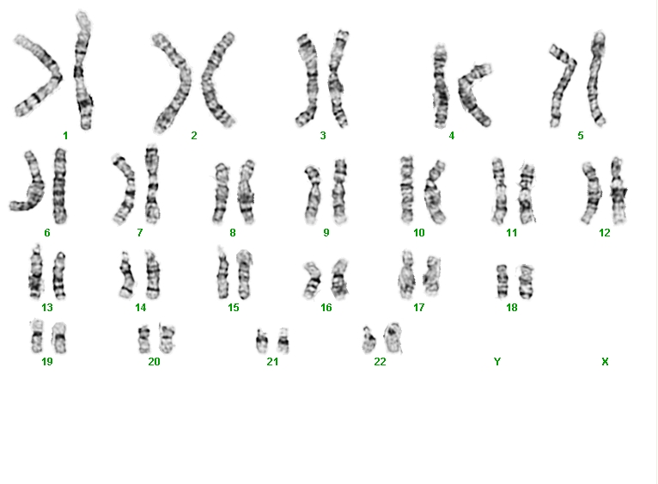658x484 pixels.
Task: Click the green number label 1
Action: [x=65, y=135]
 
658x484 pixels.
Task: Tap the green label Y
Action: [x=497, y=361]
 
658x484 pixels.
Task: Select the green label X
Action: [x=605, y=361]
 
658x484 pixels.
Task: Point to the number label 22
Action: [x=380, y=361]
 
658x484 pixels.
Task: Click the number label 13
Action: [x=47, y=308]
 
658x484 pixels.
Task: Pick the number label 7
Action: [x=140, y=232]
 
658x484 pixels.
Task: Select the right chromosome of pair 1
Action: [x=83, y=71]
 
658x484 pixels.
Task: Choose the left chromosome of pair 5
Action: [x=563, y=84]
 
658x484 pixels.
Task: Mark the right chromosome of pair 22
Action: [x=393, y=337]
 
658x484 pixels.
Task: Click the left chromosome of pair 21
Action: [x=262, y=341]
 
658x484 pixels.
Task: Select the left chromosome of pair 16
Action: [x=312, y=279]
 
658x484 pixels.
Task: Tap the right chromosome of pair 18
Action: [x=526, y=281]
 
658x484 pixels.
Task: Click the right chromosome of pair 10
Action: [x=435, y=192]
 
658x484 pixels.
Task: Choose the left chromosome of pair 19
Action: [x=37, y=336]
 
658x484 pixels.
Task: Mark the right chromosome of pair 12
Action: [x=618, y=191]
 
